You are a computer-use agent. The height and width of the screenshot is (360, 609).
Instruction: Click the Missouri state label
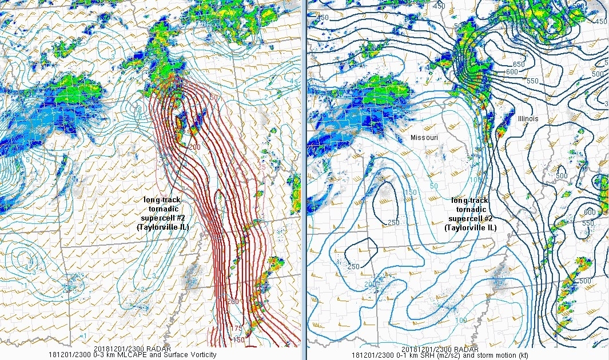pos(425,138)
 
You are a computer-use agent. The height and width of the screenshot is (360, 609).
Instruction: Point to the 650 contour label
pos(519,65)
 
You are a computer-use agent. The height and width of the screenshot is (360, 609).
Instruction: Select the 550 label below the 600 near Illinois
pos(532,81)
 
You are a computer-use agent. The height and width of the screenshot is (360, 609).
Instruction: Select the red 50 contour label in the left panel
pos(214,98)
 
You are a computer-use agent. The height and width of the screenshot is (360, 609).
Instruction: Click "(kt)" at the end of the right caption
pos(522,355)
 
